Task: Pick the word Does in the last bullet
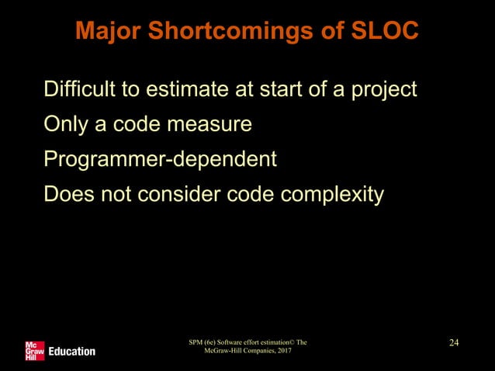coord(67,193)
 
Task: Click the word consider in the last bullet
coord(171,193)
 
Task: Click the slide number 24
coord(455,342)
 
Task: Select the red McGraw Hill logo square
coord(34,350)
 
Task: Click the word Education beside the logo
coord(71,352)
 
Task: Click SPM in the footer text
coord(199,342)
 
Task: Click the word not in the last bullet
coord(117,193)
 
